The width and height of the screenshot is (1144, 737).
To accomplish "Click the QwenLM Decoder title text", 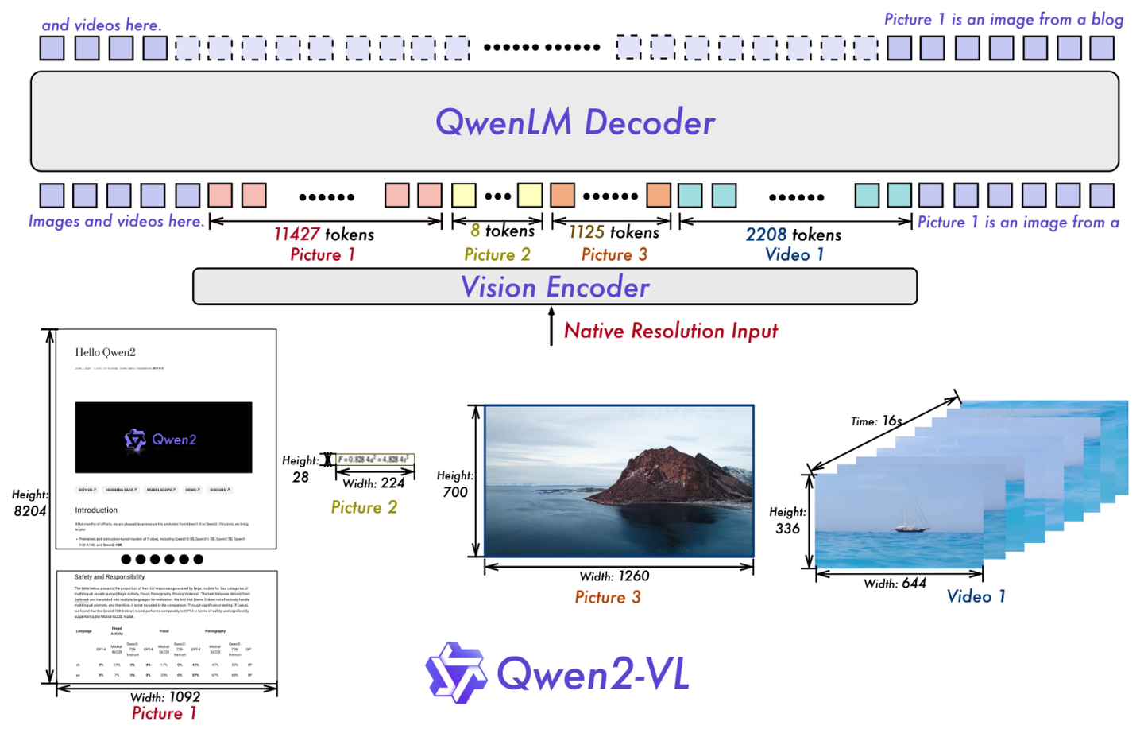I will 575,122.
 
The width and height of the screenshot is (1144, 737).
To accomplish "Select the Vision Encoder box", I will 555,286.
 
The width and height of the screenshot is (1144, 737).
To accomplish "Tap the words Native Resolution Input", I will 671,331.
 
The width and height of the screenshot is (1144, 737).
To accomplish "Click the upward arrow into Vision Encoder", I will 551,326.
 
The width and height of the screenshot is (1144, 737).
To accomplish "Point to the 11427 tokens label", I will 323,234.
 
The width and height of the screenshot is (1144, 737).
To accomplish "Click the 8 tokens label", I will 502,231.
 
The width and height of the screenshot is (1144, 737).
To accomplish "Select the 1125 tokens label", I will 613,232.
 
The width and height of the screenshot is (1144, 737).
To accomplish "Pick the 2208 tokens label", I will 793,235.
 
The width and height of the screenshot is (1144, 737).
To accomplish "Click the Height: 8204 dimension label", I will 30,502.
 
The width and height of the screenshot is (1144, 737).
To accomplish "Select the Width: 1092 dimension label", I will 165,696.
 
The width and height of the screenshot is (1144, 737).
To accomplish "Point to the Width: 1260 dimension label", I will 614,576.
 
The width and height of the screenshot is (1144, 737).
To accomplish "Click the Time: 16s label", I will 875,421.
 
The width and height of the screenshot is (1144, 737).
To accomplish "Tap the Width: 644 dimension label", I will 895,583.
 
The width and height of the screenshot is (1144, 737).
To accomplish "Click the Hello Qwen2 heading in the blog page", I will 105,352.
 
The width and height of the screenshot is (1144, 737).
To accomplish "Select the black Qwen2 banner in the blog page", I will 164,437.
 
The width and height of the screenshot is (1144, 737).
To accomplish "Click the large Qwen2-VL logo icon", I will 455,673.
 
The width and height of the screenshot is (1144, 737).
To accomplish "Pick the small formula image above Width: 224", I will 373,460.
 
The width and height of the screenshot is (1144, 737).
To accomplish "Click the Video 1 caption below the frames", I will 976,596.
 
